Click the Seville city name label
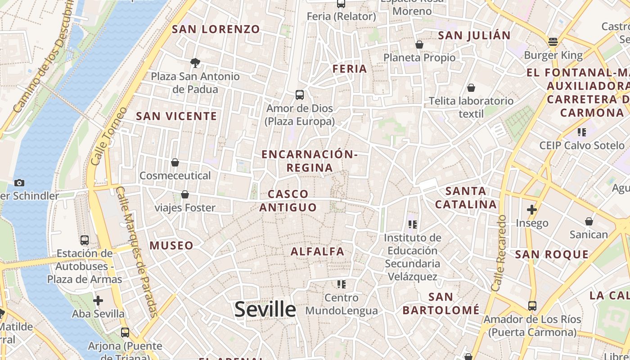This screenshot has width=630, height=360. pos(265,310)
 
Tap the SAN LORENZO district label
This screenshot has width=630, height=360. pos(216,29)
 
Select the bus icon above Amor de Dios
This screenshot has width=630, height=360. pos(300,95)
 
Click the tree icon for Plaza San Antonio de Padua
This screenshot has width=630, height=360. pos(195,63)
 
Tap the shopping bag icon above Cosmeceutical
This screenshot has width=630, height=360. pos(175,162)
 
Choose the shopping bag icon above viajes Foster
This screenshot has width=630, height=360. pos(184,194)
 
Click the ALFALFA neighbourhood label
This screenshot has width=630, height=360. pos(318,252)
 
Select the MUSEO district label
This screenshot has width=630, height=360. pos(171,246)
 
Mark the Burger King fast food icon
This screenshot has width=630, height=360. pos(553,42)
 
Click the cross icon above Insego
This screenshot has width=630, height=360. pos(532,209)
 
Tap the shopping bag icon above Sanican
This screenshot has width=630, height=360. pos(589,221)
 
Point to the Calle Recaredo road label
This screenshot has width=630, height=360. pos(499,253)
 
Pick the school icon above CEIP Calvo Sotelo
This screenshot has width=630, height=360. pos(582,132)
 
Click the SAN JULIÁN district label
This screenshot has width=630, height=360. pos(474,36)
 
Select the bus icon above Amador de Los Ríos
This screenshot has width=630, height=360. pos(532,306)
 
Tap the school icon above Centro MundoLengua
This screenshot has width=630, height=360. pos(342,284)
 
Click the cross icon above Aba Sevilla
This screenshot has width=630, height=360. pos(98,300)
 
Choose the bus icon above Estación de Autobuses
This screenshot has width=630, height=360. pos(84,240)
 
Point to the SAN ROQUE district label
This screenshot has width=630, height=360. pos(552,255)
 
